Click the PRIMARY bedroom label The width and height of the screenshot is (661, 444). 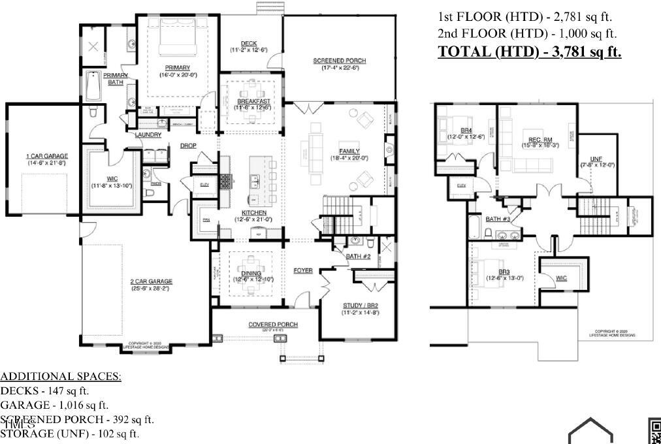(x=177, y=68)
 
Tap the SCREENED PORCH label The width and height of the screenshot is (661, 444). (x=339, y=61)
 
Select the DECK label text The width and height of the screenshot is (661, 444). (x=248, y=44)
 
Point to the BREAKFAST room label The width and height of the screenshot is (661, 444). (x=253, y=102)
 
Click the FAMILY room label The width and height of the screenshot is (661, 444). (x=349, y=151)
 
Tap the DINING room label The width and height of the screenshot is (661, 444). (x=251, y=274)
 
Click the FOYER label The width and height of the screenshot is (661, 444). (x=302, y=270)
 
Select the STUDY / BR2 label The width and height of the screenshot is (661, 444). (x=361, y=306)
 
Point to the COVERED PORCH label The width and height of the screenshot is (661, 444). (x=272, y=325)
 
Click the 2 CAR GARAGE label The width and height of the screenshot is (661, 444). (x=151, y=281)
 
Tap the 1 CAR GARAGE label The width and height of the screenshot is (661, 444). (x=46, y=156)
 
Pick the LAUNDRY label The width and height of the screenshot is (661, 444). (x=148, y=135)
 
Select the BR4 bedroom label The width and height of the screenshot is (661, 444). (x=466, y=131)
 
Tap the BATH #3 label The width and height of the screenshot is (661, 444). (x=498, y=219)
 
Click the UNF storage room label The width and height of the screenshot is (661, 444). (x=596, y=159)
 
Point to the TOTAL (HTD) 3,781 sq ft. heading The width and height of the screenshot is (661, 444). (x=529, y=52)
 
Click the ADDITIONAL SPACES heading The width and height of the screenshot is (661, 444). (x=61, y=377)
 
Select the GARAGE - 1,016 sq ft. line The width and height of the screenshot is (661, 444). (x=54, y=405)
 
